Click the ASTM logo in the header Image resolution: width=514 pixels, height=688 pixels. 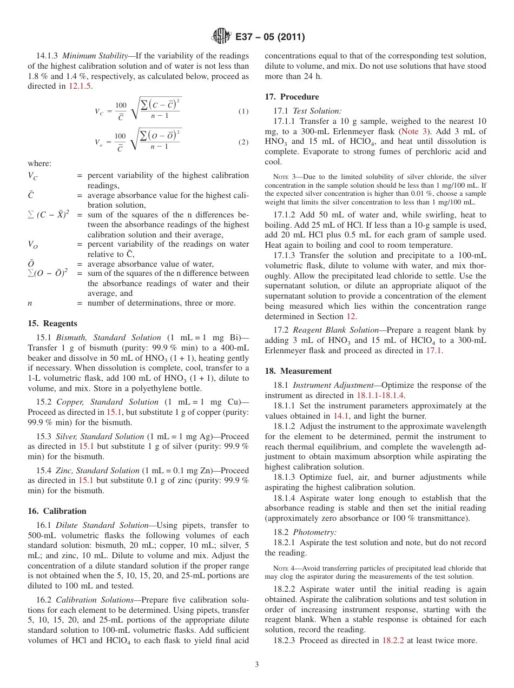coord(220,37)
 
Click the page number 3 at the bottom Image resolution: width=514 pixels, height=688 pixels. coord(257,664)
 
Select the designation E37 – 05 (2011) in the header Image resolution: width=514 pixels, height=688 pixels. coord(269,37)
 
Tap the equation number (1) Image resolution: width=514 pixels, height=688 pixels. coord(243,111)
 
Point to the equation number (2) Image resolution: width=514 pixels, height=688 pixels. coord(243,142)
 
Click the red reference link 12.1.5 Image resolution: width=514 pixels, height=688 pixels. coord(80,86)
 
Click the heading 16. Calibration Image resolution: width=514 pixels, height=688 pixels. coord(57,511)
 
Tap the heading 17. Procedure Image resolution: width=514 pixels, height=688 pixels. coord(292,97)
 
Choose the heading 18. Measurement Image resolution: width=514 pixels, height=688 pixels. coord(298,371)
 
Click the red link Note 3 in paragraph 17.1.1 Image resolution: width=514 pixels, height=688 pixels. coord(413,131)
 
